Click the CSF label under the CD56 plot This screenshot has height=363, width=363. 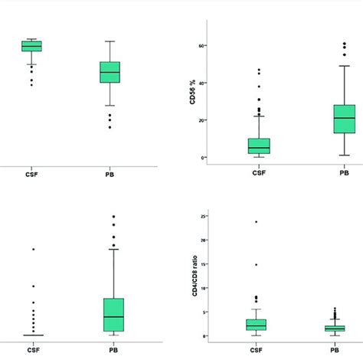coord(260,173)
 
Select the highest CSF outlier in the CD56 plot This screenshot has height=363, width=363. coord(260,70)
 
